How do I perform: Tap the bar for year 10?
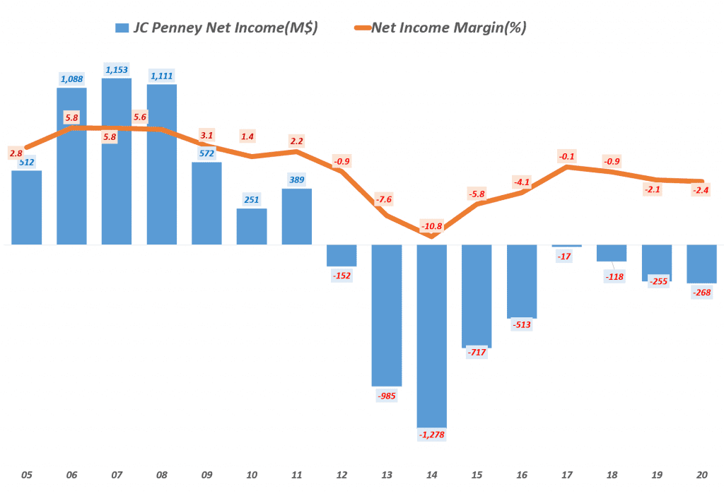(252, 226)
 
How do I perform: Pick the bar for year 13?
(387, 314)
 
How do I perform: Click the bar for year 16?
(522, 281)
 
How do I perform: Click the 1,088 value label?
(71, 79)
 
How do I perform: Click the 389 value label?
(297, 180)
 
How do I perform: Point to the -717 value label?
(477, 352)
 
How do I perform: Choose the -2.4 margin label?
(701, 189)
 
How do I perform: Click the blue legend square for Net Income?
(122, 28)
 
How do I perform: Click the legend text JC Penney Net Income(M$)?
(226, 28)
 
